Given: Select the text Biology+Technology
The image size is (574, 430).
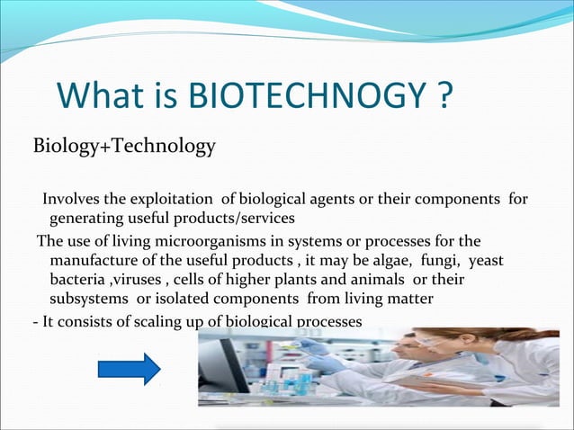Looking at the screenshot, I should tap(124, 146).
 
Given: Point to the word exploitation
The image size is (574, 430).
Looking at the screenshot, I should tap(169, 199).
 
